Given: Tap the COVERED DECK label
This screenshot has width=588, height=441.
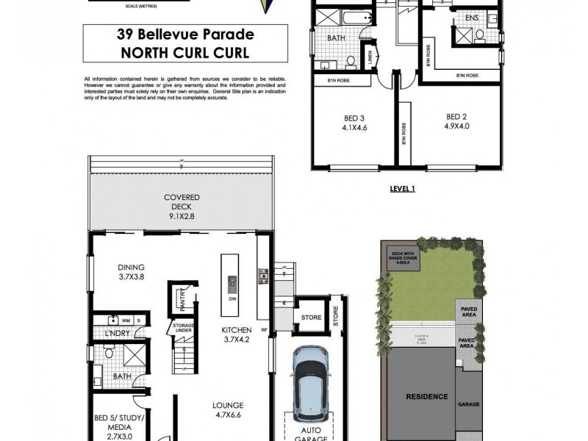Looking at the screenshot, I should tap(182, 207).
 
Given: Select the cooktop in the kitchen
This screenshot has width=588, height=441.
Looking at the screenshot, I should tap(262, 276).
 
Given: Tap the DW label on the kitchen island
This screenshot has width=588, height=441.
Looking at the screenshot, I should tap(232, 300).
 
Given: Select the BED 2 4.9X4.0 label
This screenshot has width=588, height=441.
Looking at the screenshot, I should tap(456, 122).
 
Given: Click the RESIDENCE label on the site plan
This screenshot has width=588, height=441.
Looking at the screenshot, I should tap(427, 396).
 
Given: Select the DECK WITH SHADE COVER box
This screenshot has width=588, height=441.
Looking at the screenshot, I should tap(402, 259).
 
